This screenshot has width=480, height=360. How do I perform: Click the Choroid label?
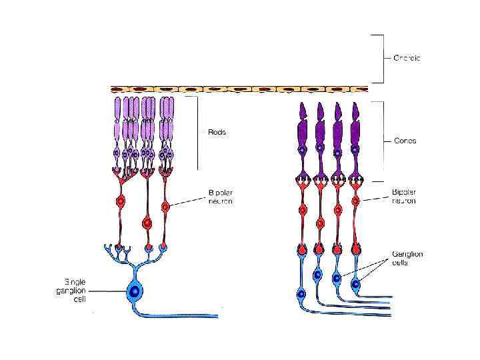407,58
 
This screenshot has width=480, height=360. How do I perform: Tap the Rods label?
216,132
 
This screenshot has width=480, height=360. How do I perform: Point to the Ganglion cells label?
407,258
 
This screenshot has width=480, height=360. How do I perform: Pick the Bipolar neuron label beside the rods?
219,197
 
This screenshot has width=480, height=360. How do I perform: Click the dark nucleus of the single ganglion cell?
135,291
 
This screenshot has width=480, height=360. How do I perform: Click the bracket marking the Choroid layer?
382,58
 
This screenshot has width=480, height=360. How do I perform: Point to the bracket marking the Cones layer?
382,141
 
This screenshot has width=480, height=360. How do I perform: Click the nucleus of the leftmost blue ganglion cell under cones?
301,293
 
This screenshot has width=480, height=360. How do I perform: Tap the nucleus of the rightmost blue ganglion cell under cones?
355,284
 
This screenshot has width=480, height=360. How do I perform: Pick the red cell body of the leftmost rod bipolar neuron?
121,201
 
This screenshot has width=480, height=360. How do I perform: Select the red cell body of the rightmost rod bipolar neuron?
165,207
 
